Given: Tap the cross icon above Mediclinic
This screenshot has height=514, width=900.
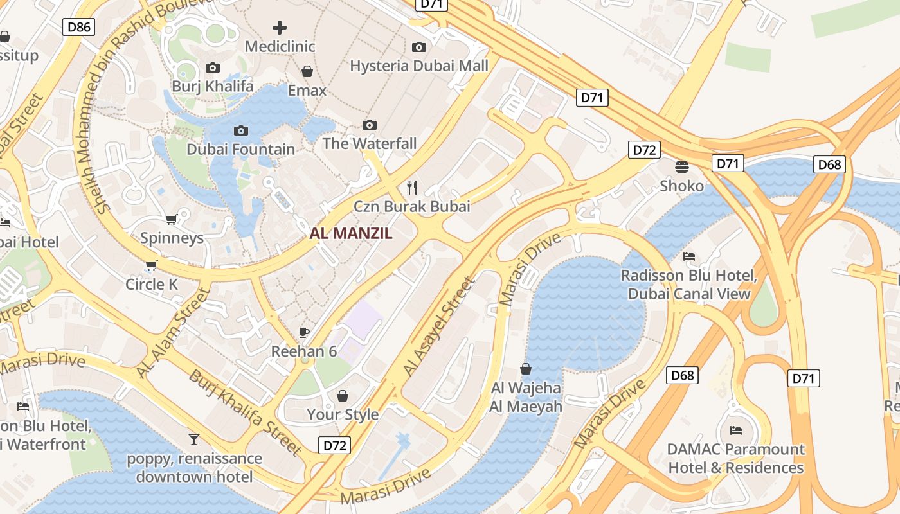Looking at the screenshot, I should pyautogui.click(x=280, y=28).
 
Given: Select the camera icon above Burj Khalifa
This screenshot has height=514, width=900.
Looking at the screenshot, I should pyautogui.click(x=212, y=67).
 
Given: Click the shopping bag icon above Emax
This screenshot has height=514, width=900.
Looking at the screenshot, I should pyautogui.click(x=307, y=71).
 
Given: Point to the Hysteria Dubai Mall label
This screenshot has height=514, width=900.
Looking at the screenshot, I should pyautogui.click(x=419, y=66).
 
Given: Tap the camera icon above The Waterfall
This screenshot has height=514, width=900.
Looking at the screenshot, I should pyautogui.click(x=370, y=125).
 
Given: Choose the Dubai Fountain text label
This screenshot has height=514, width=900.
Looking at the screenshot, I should pyautogui.click(x=241, y=149).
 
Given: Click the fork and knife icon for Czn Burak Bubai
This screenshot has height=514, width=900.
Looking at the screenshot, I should pyautogui.click(x=412, y=187).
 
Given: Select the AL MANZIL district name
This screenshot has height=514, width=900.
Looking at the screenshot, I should pyautogui.click(x=351, y=234).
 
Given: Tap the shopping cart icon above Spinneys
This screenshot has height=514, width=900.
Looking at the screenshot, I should pyautogui.click(x=172, y=220).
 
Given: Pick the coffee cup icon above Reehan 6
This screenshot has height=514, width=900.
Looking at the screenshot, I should pyautogui.click(x=304, y=332).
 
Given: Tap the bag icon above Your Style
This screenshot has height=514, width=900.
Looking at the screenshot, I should pyautogui.click(x=343, y=395).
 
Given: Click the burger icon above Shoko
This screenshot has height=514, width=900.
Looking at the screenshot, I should pyautogui.click(x=682, y=167).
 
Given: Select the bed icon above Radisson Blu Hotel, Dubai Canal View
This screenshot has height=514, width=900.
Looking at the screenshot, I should pyautogui.click(x=689, y=256).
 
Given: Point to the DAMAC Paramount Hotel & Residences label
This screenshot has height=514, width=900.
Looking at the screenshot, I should pyautogui.click(x=736, y=458).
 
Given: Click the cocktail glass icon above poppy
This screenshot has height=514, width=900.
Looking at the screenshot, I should pyautogui.click(x=194, y=439).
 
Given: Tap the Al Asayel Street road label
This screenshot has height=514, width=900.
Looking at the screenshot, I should pyautogui.click(x=438, y=326).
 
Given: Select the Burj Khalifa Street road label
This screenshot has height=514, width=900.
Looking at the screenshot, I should pyautogui.click(x=245, y=412).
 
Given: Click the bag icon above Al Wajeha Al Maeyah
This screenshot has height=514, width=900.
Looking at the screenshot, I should pyautogui.click(x=526, y=369).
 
